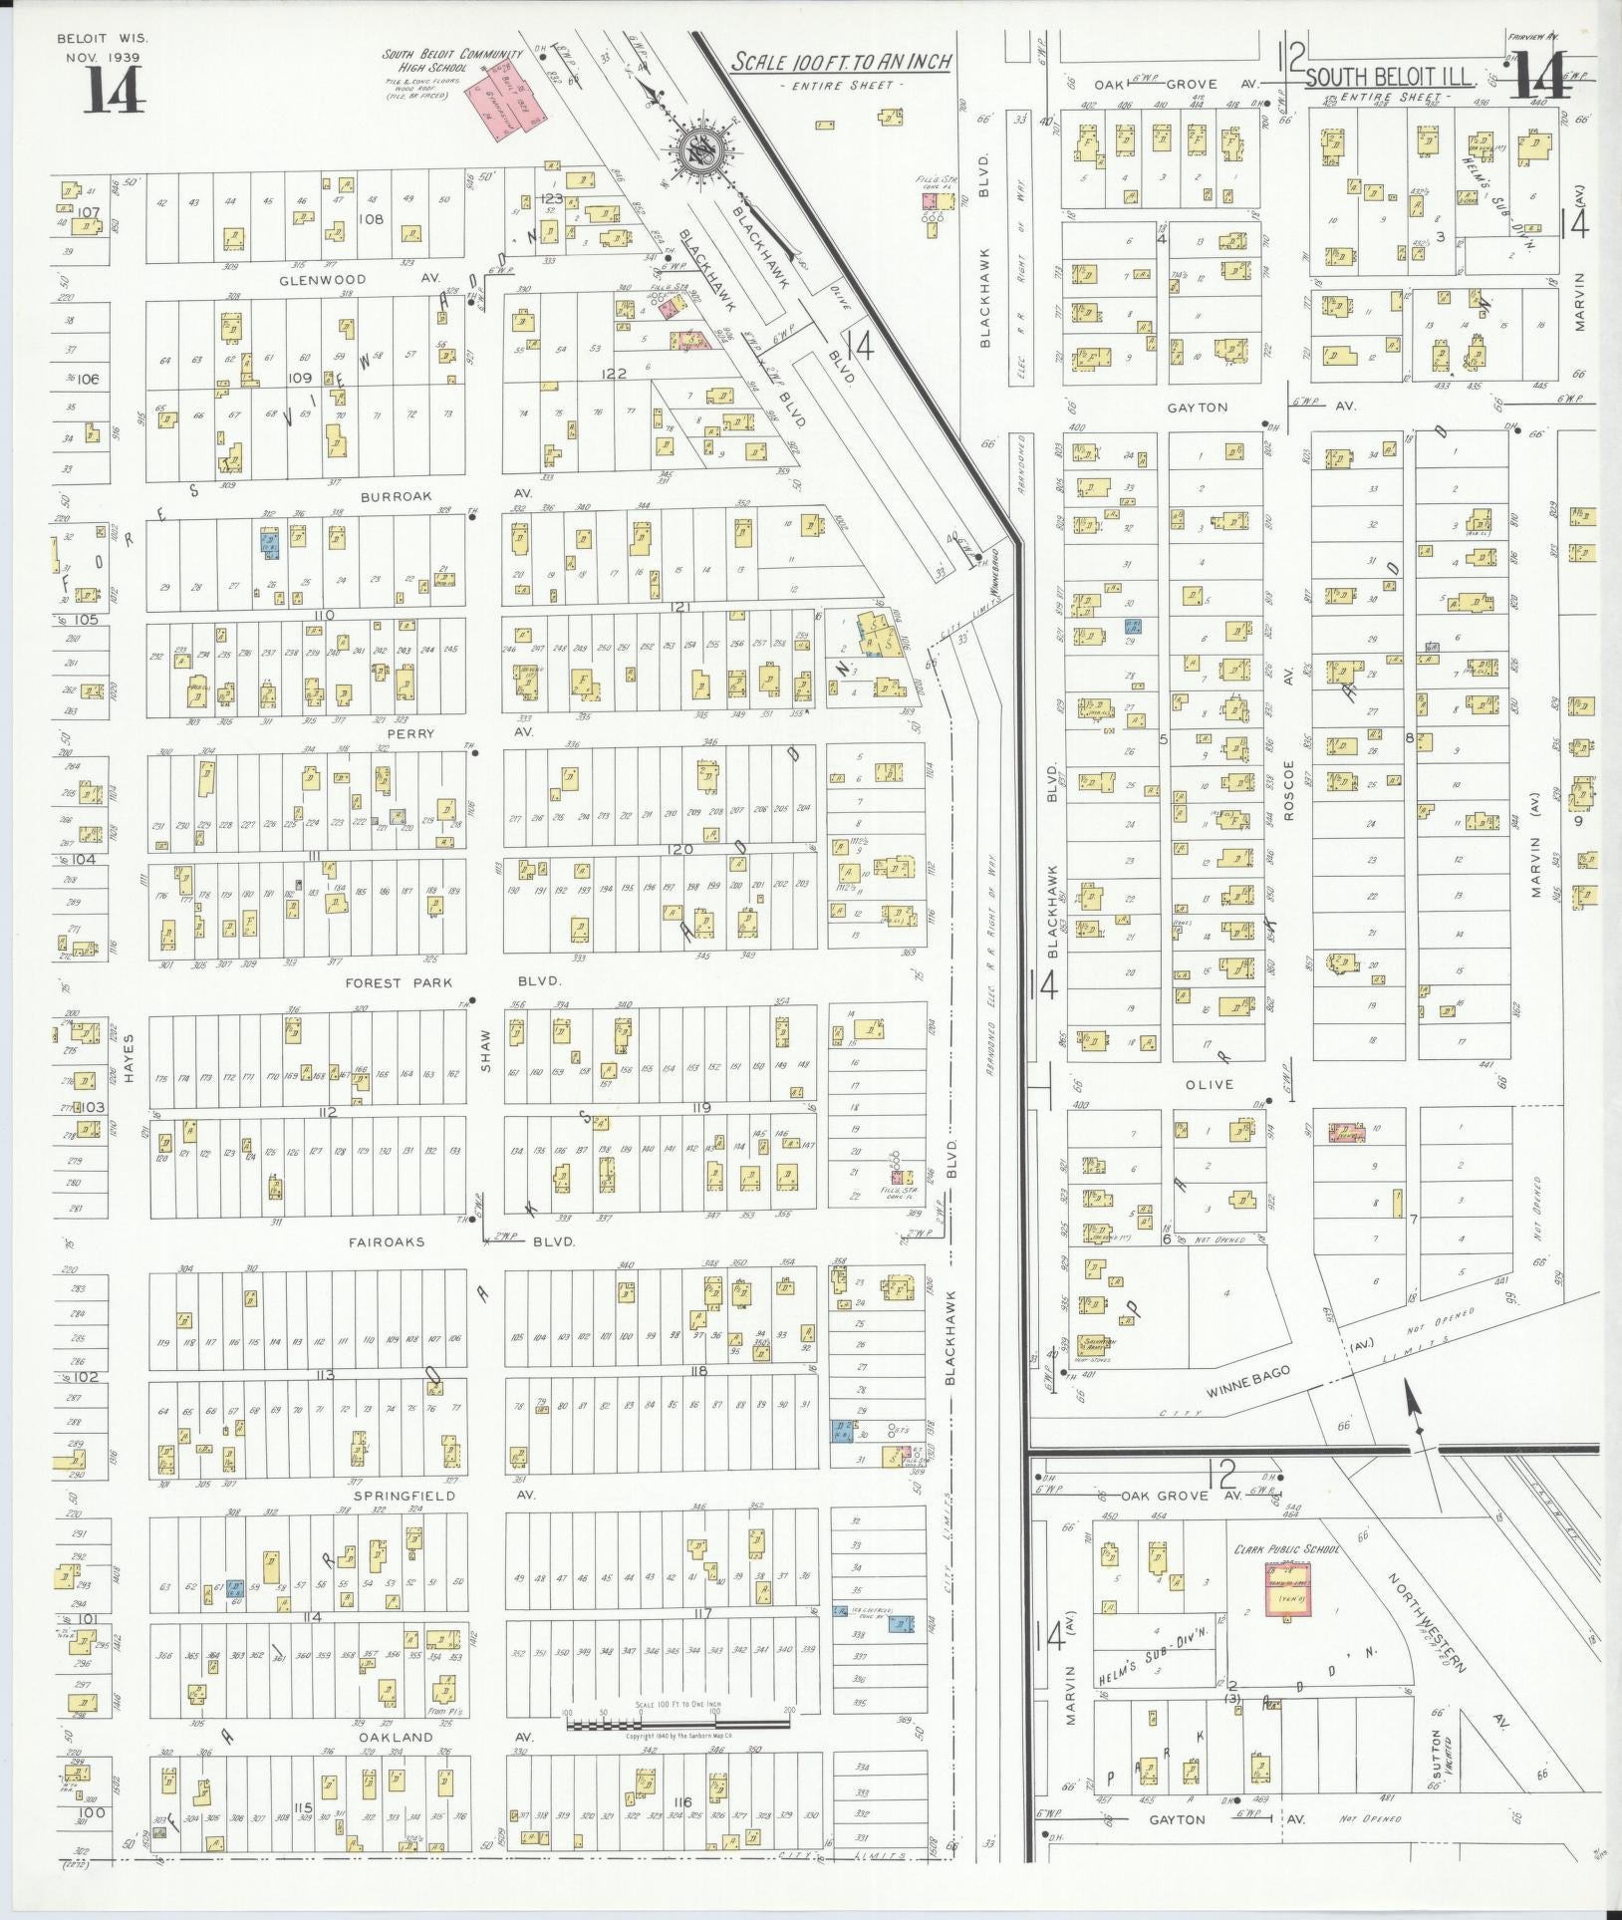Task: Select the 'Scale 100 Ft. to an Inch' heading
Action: coord(842,62)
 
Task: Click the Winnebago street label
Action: coord(1247,1380)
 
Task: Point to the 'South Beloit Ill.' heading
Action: coord(1389,77)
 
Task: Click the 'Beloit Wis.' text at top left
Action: coord(102,38)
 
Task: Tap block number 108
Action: coord(371,217)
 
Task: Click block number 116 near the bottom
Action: coord(682,1802)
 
